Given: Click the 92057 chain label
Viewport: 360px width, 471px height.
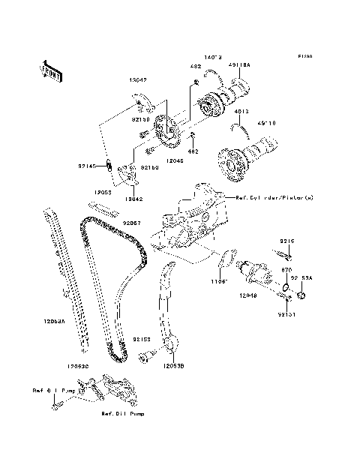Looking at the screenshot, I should [133, 222].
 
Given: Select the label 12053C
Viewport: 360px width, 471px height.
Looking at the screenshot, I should [77, 366].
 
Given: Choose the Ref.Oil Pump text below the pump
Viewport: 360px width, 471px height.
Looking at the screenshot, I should [122, 413].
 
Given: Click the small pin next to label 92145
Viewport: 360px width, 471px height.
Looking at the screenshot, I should [107, 166].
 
